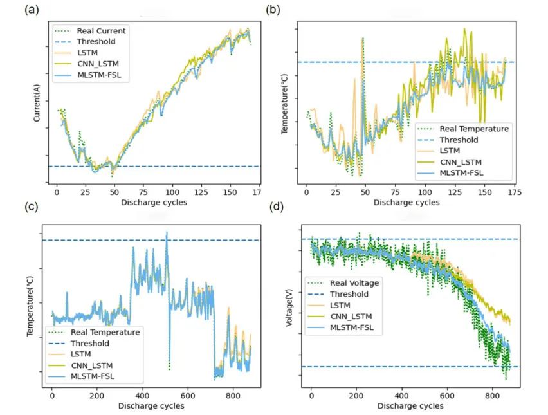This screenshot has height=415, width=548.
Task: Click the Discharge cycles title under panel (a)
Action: click(x=155, y=202)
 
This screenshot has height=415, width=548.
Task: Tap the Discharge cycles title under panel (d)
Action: click(x=410, y=406)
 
